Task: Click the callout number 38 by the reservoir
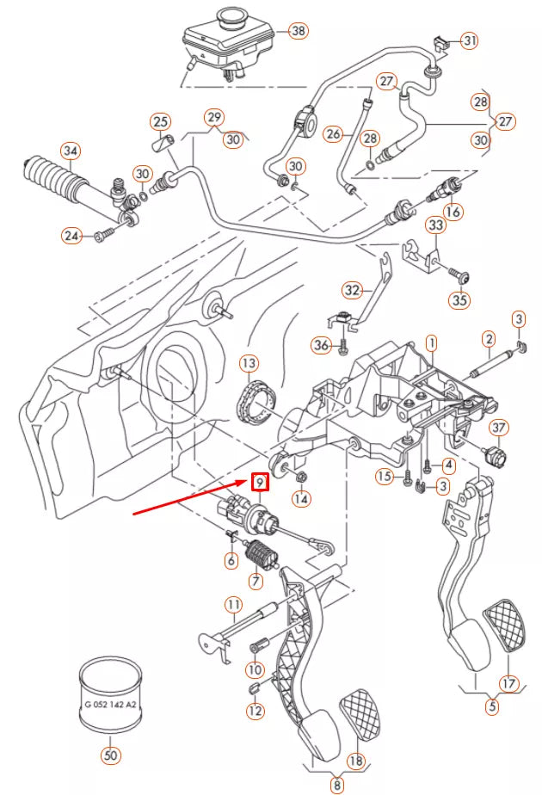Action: pos(298,32)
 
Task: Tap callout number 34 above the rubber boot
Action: pos(71,152)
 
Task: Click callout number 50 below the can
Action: pos(110,755)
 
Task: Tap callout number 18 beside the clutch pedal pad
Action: pos(354,761)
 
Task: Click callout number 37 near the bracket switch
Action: pos(500,428)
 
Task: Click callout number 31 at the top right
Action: pos(470,40)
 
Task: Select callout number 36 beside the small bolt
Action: pos(321,346)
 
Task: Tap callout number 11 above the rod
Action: pos(233,604)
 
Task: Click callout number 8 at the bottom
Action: pos(337,784)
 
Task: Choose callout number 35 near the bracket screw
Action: pos(461,300)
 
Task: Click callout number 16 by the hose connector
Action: pos(453,211)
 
